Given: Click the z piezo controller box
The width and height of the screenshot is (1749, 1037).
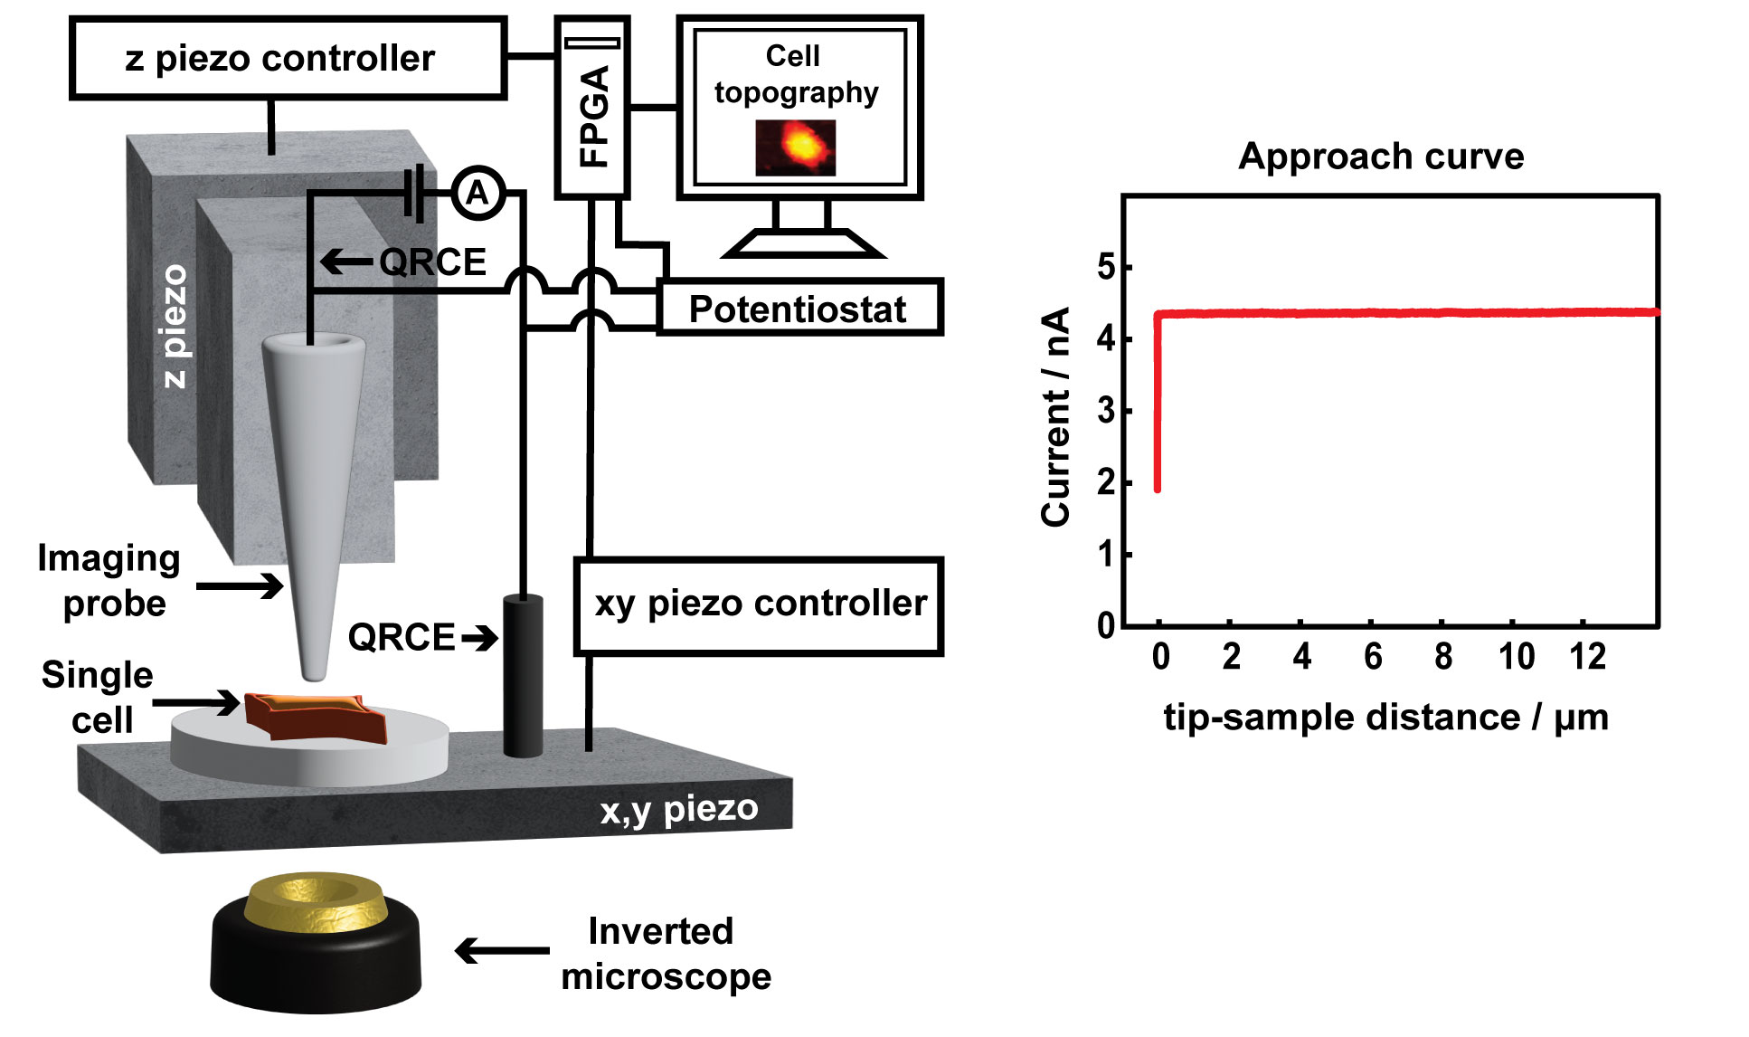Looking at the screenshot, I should point(287,59).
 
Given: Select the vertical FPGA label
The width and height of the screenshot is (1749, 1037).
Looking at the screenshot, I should point(593,116).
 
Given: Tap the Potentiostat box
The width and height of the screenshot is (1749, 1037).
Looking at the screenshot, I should point(799,309).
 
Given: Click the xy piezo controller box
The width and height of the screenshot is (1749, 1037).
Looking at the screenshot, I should point(759,604).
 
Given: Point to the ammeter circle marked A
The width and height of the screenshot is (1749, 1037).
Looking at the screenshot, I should point(477,193).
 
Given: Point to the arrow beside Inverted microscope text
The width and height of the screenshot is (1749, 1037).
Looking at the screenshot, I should point(502,951).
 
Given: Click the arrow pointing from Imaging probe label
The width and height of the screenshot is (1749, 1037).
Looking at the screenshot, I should point(241,585).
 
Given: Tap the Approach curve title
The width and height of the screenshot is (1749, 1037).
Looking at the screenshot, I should point(1381,156).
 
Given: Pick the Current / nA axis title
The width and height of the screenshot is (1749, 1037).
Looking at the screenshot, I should point(1056,416).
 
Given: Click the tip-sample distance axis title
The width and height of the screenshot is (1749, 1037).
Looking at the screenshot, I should point(1385,718).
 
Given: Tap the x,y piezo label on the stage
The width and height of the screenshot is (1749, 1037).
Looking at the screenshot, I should point(679,808).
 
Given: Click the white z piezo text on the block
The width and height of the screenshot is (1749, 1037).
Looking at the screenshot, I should point(175,326).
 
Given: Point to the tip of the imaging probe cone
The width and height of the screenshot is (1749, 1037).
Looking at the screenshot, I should point(314,674).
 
